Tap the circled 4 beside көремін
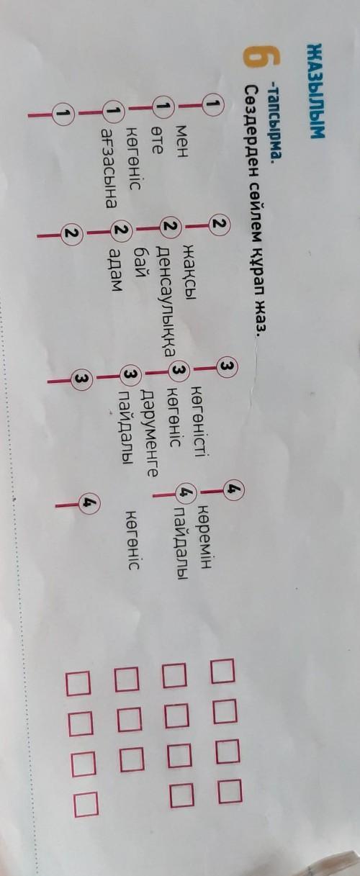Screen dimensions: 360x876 (x=235, y=489)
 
